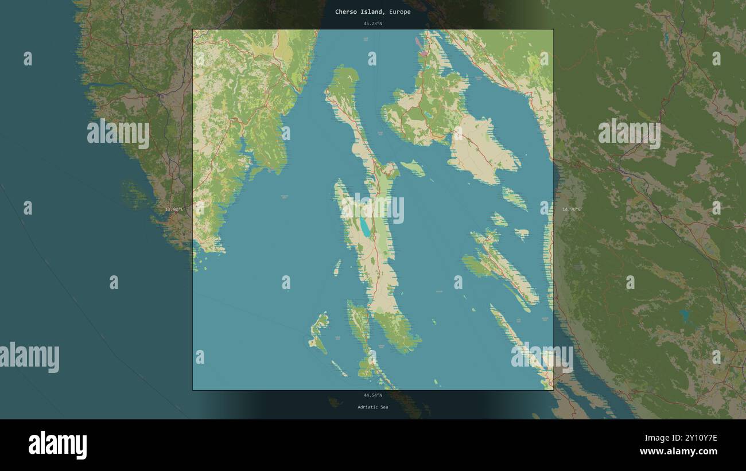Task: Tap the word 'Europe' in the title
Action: click(399, 11)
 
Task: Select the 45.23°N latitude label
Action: click(372, 24)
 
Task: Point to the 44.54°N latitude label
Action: click(372, 395)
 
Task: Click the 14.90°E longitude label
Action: click(571, 209)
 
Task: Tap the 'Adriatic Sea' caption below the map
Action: click(372, 407)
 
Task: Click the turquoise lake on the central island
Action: click(365, 228)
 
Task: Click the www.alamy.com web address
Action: click(678, 451)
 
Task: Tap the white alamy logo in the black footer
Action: click(57, 445)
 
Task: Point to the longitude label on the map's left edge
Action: click(174, 209)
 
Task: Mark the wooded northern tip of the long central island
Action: click(344, 77)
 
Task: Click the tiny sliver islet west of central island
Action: click(337, 267)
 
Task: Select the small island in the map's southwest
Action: click(318, 333)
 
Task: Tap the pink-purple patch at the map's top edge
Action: click(423, 53)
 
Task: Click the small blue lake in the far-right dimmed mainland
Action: click(683, 314)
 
